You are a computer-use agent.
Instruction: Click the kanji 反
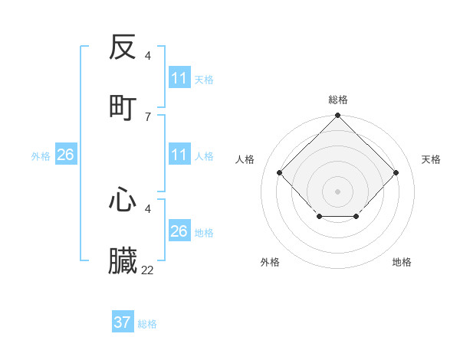tap(123, 48)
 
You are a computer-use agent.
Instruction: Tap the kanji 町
tap(123, 107)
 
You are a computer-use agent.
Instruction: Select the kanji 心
tap(123, 201)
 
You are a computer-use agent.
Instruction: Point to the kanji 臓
tap(123, 260)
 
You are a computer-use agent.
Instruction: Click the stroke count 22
tap(147, 270)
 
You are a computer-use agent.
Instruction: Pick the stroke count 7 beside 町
tap(147, 116)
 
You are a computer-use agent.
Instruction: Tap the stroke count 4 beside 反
tap(147, 55)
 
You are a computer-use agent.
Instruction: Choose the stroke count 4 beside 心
tap(147, 208)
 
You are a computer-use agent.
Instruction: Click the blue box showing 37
tap(122, 322)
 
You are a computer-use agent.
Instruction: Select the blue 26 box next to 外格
tap(65, 155)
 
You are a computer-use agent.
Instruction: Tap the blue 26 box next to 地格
tap(179, 231)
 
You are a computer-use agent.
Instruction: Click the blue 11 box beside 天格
tap(179, 78)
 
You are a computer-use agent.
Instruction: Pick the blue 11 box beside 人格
tap(179, 155)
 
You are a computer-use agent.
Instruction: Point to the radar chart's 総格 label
tap(337, 100)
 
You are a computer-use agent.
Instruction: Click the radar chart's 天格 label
tap(431, 159)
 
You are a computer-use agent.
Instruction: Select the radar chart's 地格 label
tap(402, 262)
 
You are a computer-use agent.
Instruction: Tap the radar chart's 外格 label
tap(270, 262)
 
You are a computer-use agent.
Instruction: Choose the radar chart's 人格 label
tap(245, 159)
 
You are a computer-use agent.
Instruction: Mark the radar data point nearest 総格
tap(337, 116)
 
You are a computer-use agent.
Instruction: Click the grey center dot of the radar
tap(337, 191)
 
